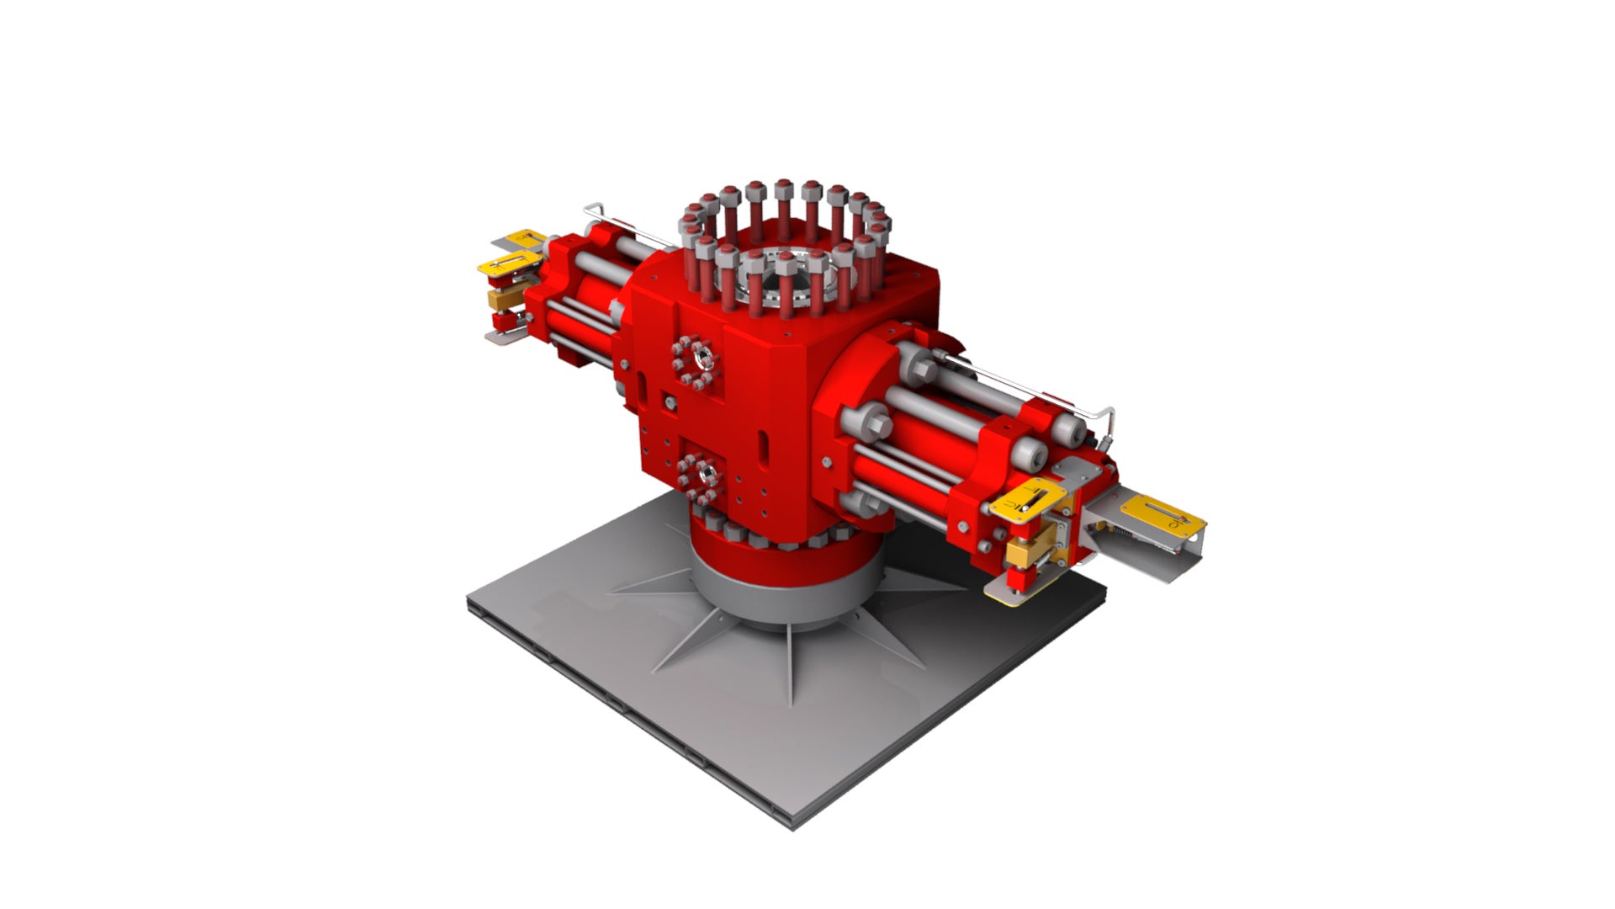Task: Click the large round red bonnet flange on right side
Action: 850,421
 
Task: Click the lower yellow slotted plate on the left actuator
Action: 508,264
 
